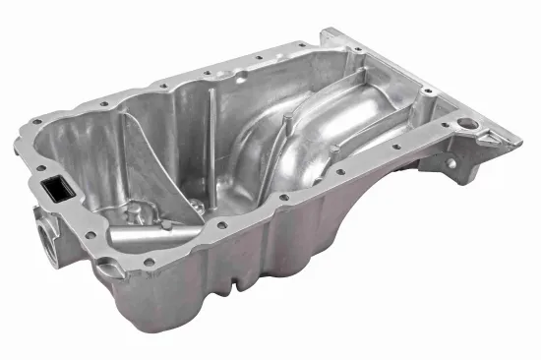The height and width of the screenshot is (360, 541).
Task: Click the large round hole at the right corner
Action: (x=469, y=129)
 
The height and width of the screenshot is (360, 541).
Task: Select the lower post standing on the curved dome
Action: (x=334, y=148)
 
